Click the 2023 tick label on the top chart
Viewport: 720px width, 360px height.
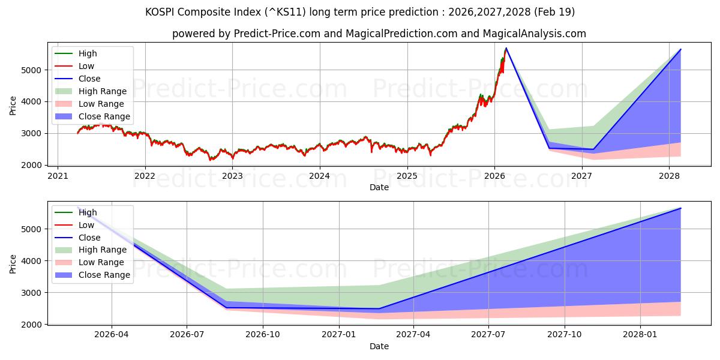tap(232, 176)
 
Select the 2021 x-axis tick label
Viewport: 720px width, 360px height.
tap(58, 176)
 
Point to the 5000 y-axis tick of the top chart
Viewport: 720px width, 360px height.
tap(34, 70)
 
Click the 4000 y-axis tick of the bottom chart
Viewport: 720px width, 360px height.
tap(34, 261)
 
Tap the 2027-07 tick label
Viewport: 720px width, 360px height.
tap(489, 335)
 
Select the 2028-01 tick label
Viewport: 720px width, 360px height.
tap(641, 335)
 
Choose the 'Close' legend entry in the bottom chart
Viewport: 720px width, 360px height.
tap(89, 238)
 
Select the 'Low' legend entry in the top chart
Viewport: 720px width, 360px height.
tap(86, 66)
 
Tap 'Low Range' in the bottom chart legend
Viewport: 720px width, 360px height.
tap(101, 262)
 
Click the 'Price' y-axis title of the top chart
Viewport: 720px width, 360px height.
tap(13, 106)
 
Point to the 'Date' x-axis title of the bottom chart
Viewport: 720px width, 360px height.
tap(379, 346)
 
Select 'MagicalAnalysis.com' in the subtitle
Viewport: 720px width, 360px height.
tap(535, 34)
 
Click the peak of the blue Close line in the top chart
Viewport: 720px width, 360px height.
tap(506, 48)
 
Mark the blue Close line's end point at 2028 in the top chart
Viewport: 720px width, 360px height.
tap(680, 49)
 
